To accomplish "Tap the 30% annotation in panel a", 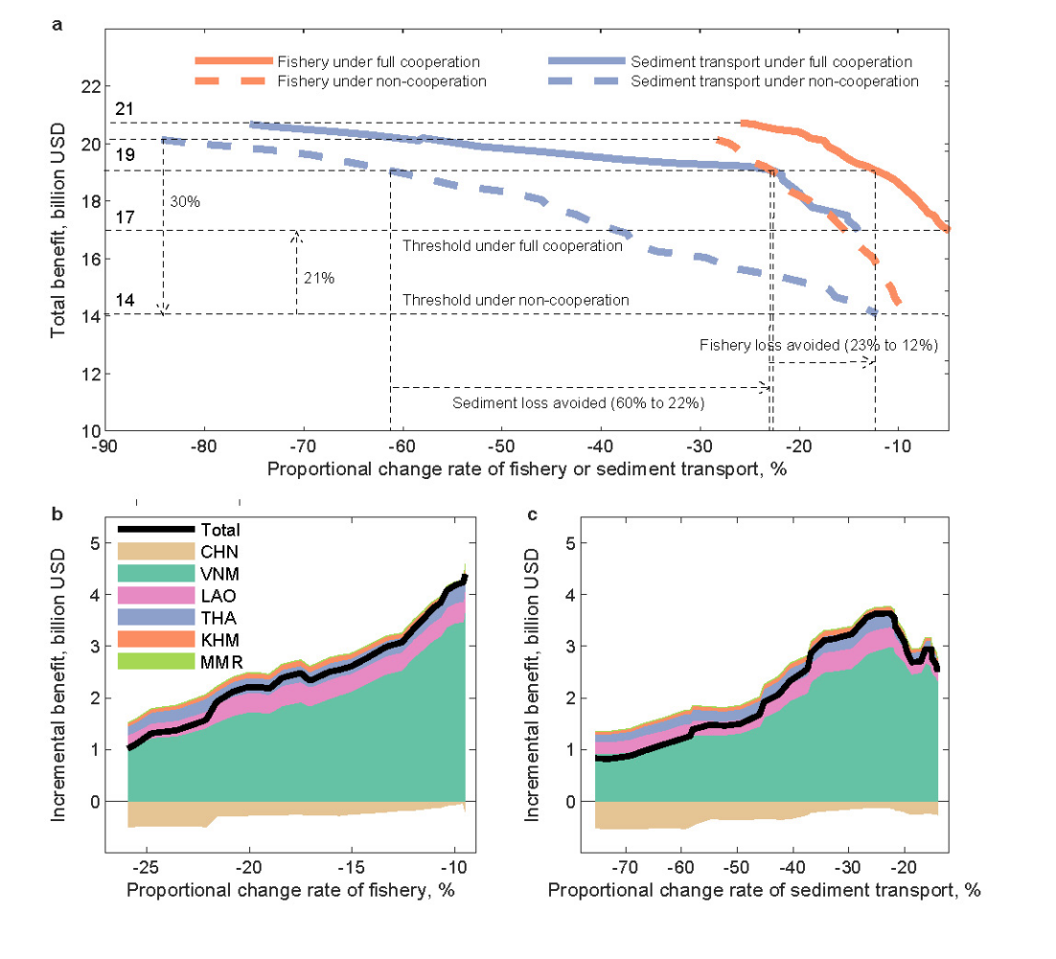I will [x=185, y=202].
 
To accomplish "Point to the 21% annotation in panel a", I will [x=318, y=278].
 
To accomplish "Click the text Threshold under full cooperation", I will [x=513, y=246].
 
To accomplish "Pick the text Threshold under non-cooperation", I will [x=516, y=300].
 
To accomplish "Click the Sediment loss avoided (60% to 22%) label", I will [x=579, y=403].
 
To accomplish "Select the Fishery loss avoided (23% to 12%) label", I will [x=817, y=345].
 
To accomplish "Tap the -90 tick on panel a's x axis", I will [x=103, y=447].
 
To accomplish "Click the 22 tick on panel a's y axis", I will [x=90, y=86].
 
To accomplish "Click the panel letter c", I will [x=532, y=514].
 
